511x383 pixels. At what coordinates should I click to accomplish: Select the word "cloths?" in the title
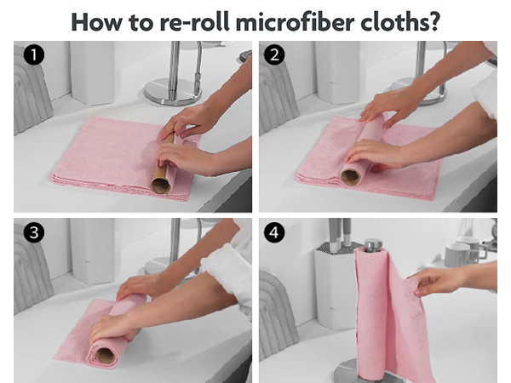pos(401,20)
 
